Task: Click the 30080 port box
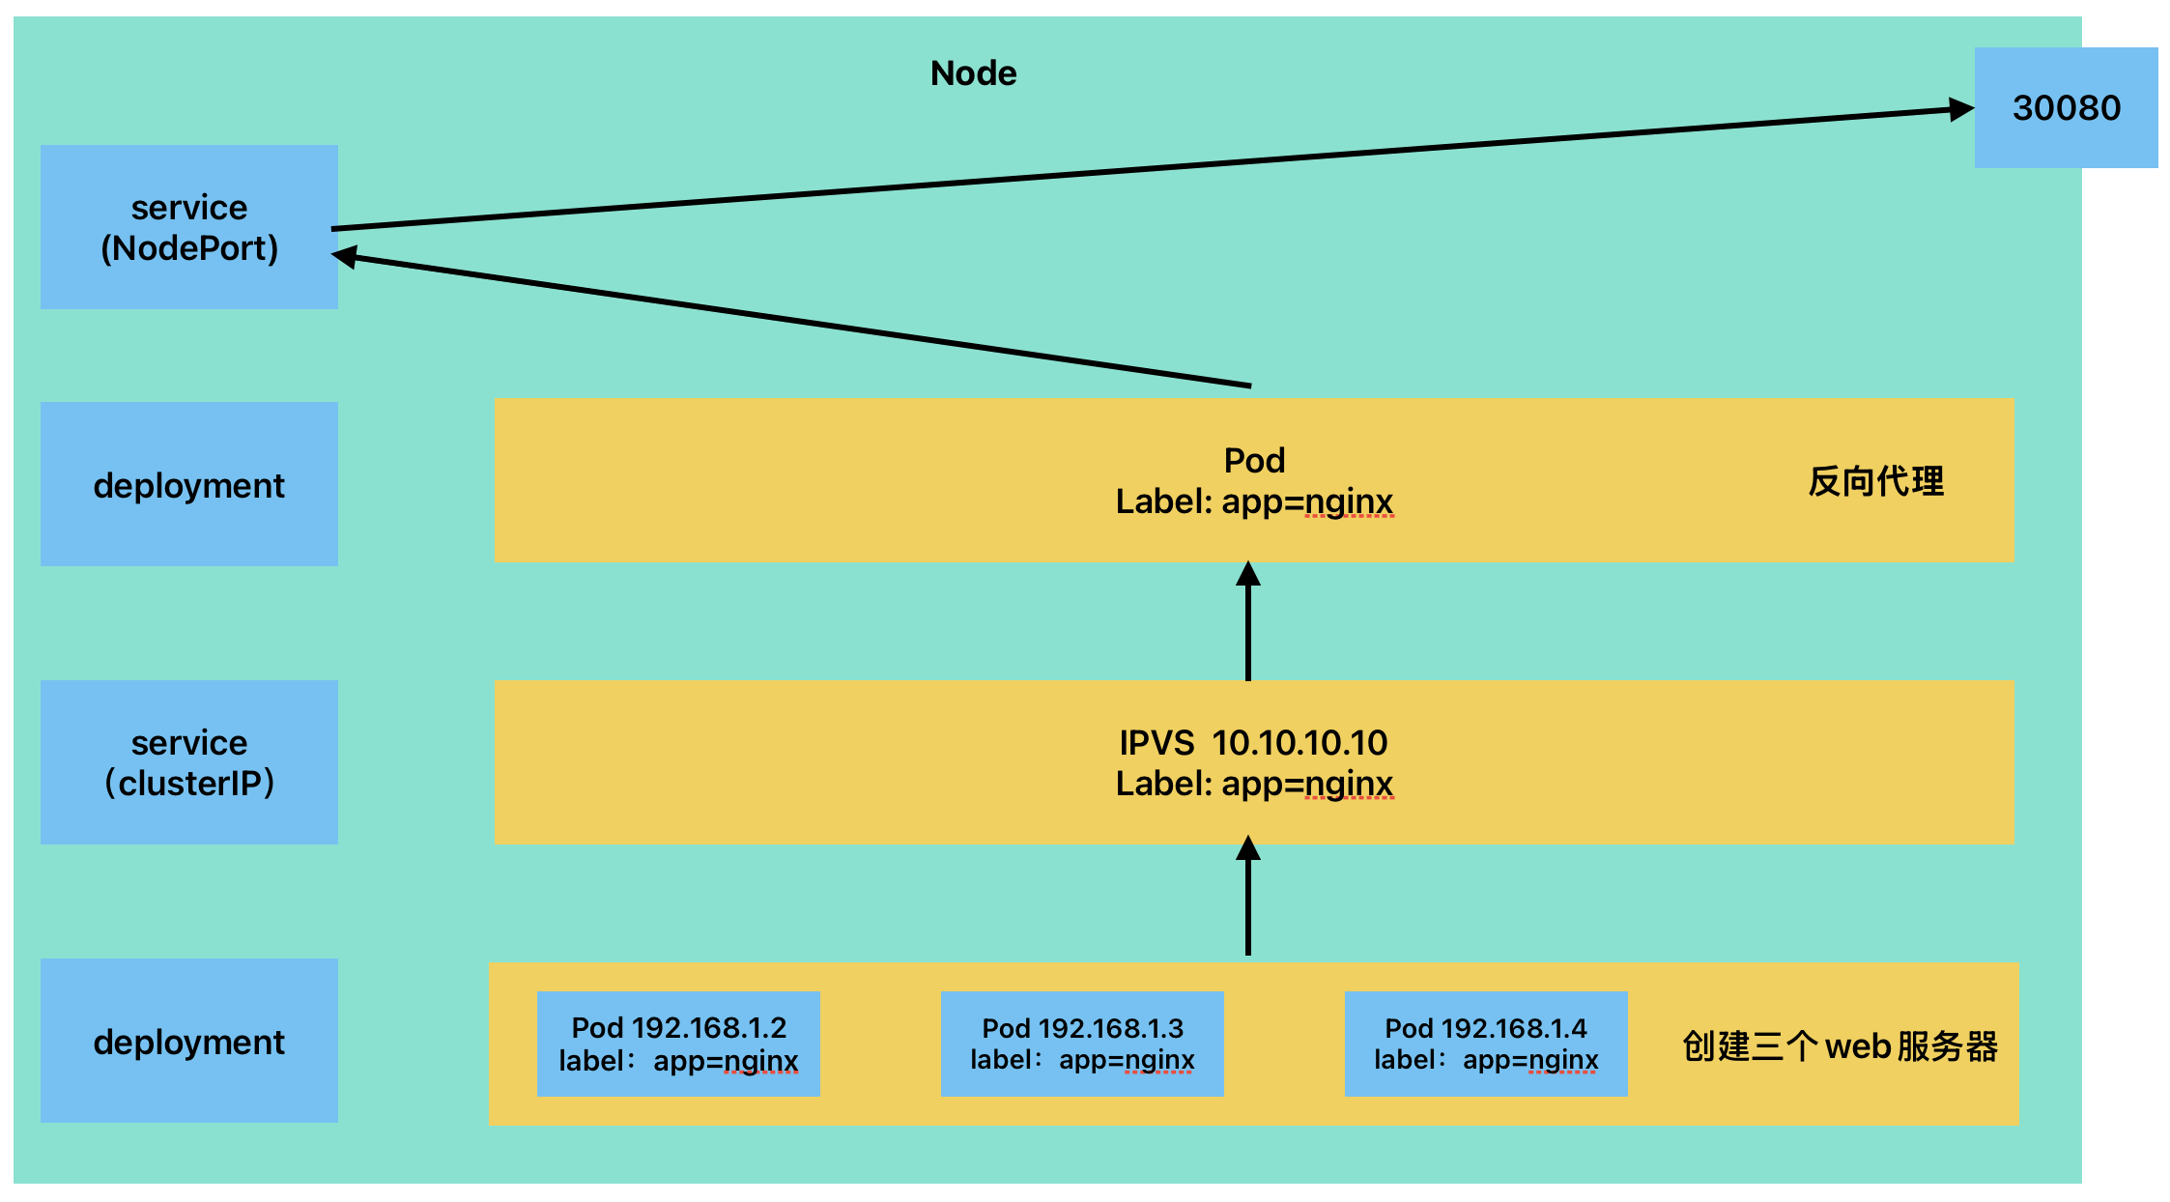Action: [2066, 107]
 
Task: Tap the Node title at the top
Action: [973, 73]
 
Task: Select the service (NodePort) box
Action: [189, 227]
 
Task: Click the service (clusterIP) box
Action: [189, 762]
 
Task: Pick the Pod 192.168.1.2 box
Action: [678, 1044]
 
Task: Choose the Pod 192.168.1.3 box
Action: [1082, 1044]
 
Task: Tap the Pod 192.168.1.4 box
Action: [1486, 1044]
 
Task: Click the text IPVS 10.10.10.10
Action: [1253, 743]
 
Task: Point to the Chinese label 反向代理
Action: [1875, 481]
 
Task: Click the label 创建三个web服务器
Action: [1840, 1046]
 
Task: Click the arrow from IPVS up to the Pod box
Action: [1248, 621]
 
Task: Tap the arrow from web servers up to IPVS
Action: [1248, 896]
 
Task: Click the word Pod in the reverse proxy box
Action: [1254, 461]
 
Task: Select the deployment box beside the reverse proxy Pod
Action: [189, 484]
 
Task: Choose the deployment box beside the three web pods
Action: [189, 1041]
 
